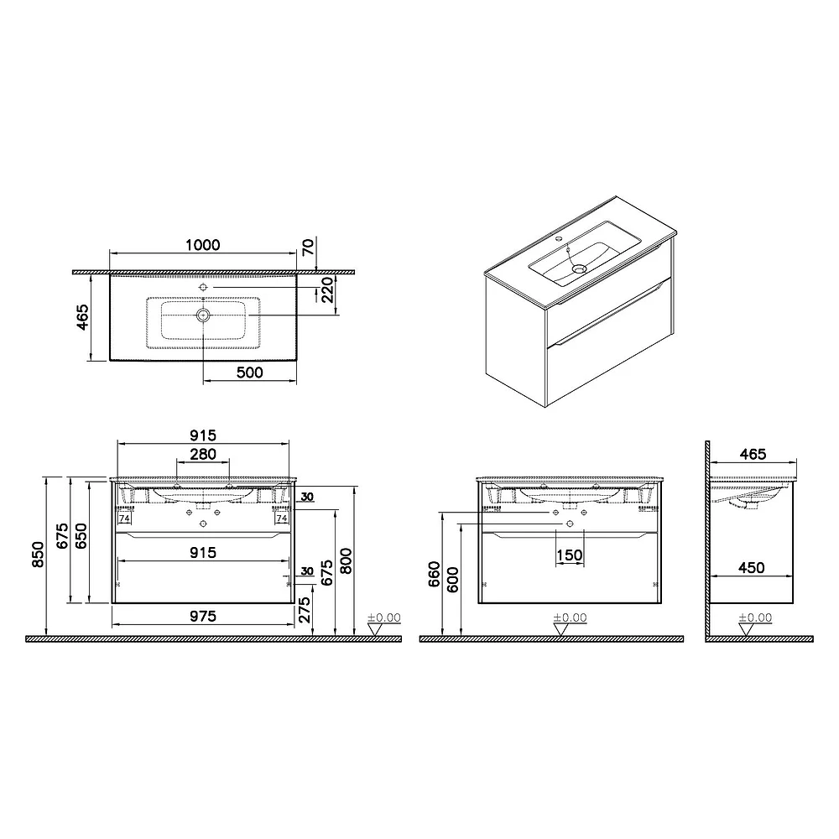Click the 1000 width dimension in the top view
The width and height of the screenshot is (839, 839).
coord(203,245)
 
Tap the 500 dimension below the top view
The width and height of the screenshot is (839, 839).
coord(250,372)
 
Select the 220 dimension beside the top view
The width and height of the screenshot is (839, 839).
coord(327,290)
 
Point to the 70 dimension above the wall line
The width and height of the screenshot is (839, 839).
coord(309,248)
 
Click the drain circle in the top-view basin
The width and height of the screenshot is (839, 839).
coord(203,315)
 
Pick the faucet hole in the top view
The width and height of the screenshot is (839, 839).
coord(203,287)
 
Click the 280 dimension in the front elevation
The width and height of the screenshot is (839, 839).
coord(203,454)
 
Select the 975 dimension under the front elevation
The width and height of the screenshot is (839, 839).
coord(203,617)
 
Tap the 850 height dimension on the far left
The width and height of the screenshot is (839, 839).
coord(38,555)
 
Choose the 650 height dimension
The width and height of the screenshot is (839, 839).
coord(81,535)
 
